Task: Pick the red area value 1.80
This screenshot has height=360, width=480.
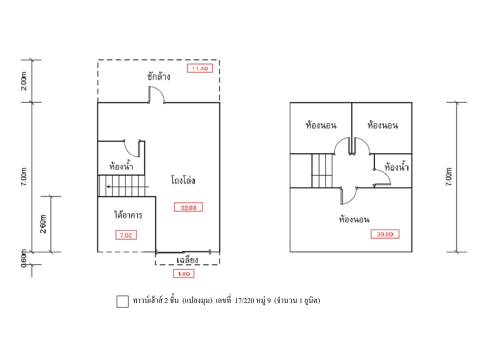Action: click(x=183, y=273)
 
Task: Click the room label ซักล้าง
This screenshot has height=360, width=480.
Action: click(x=159, y=77)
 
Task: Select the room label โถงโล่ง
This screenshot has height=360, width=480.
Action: click(x=181, y=180)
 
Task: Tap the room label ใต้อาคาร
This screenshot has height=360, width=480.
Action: click(x=128, y=216)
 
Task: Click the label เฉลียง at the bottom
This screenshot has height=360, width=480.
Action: click(x=188, y=259)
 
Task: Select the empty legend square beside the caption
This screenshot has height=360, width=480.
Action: click(x=122, y=301)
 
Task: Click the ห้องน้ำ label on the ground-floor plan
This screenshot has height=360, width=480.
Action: click(x=120, y=165)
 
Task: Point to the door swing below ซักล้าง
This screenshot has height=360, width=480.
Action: click(x=156, y=95)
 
